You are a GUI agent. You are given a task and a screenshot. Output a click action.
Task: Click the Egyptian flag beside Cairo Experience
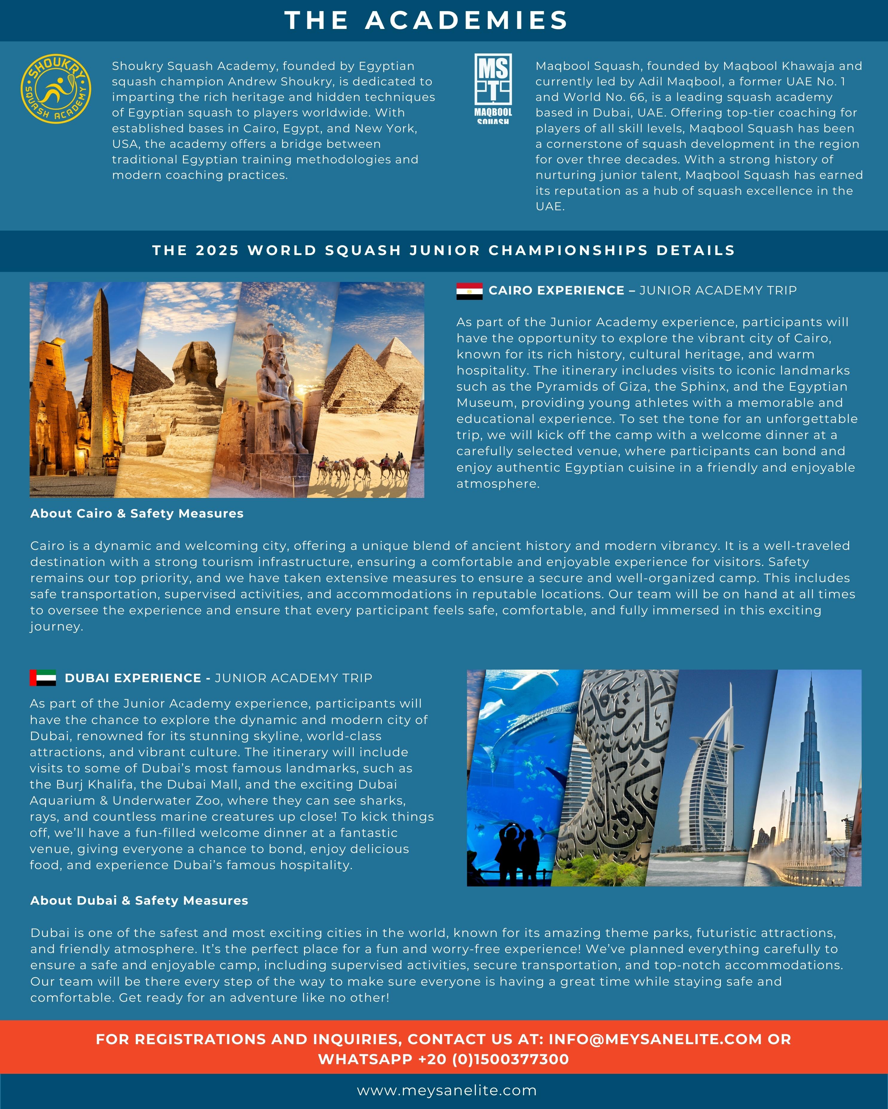coord(469,291)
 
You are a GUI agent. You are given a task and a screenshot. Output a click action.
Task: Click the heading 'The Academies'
coord(426,21)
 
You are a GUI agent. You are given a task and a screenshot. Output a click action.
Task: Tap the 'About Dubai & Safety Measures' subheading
coord(139,900)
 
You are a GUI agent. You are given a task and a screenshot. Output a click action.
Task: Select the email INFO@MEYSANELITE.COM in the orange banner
coord(655,1039)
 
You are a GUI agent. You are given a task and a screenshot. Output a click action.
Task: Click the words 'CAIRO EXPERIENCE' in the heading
coord(556,291)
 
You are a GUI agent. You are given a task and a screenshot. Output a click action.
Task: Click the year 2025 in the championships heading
coord(217,251)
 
